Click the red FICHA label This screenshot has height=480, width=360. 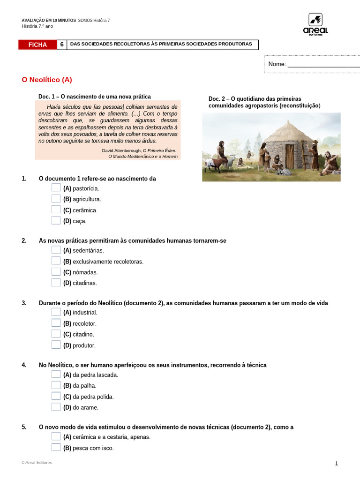[37, 45]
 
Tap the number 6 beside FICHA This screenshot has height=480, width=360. [62, 45]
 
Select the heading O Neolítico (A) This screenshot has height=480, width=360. [47, 80]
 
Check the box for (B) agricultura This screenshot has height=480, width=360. [56, 199]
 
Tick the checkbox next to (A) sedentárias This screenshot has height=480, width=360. [56, 250]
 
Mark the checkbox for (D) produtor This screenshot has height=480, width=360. [56, 345]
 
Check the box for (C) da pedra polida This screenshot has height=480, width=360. [56, 396]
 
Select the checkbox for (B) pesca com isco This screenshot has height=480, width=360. [56, 447]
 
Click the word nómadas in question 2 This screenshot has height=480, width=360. [85, 272]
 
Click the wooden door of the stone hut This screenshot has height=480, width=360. [290, 157]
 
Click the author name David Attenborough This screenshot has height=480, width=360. [118, 150]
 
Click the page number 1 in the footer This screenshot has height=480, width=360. [336, 464]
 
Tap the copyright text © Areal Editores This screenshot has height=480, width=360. [37, 463]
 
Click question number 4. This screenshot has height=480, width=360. [24, 365]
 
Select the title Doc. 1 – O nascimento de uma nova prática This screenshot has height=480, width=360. [95, 97]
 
